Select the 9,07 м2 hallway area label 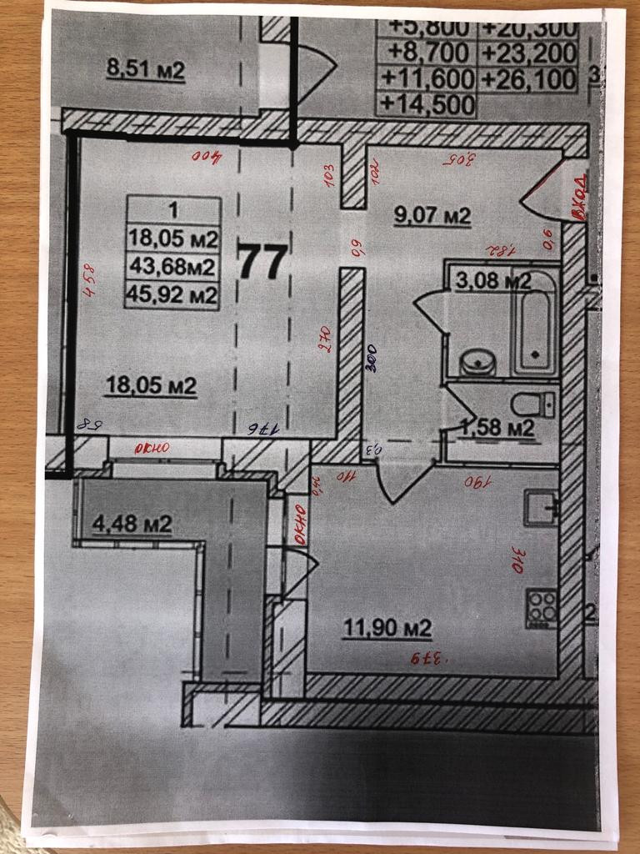click(x=432, y=217)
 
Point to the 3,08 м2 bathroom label click(x=493, y=280)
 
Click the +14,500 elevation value click(x=426, y=105)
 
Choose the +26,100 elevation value click(x=528, y=79)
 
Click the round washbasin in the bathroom click(x=477, y=363)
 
